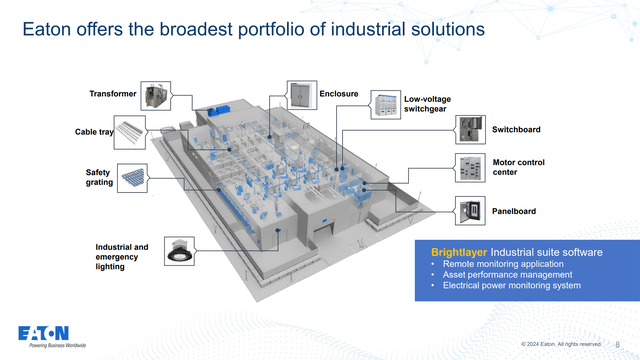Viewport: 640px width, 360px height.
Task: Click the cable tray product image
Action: tap(132, 131)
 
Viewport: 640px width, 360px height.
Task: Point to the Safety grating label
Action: tap(97, 178)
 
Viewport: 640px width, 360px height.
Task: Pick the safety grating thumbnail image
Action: tap(132, 177)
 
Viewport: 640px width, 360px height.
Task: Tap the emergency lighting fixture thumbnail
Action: tap(179, 251)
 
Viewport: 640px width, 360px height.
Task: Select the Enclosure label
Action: tap(339, 94)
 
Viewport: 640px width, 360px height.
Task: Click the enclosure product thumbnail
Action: tap(301, 95)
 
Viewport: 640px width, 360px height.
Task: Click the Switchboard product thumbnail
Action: tap(470, 129)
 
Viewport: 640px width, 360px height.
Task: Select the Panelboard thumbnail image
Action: tap(470, 210)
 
